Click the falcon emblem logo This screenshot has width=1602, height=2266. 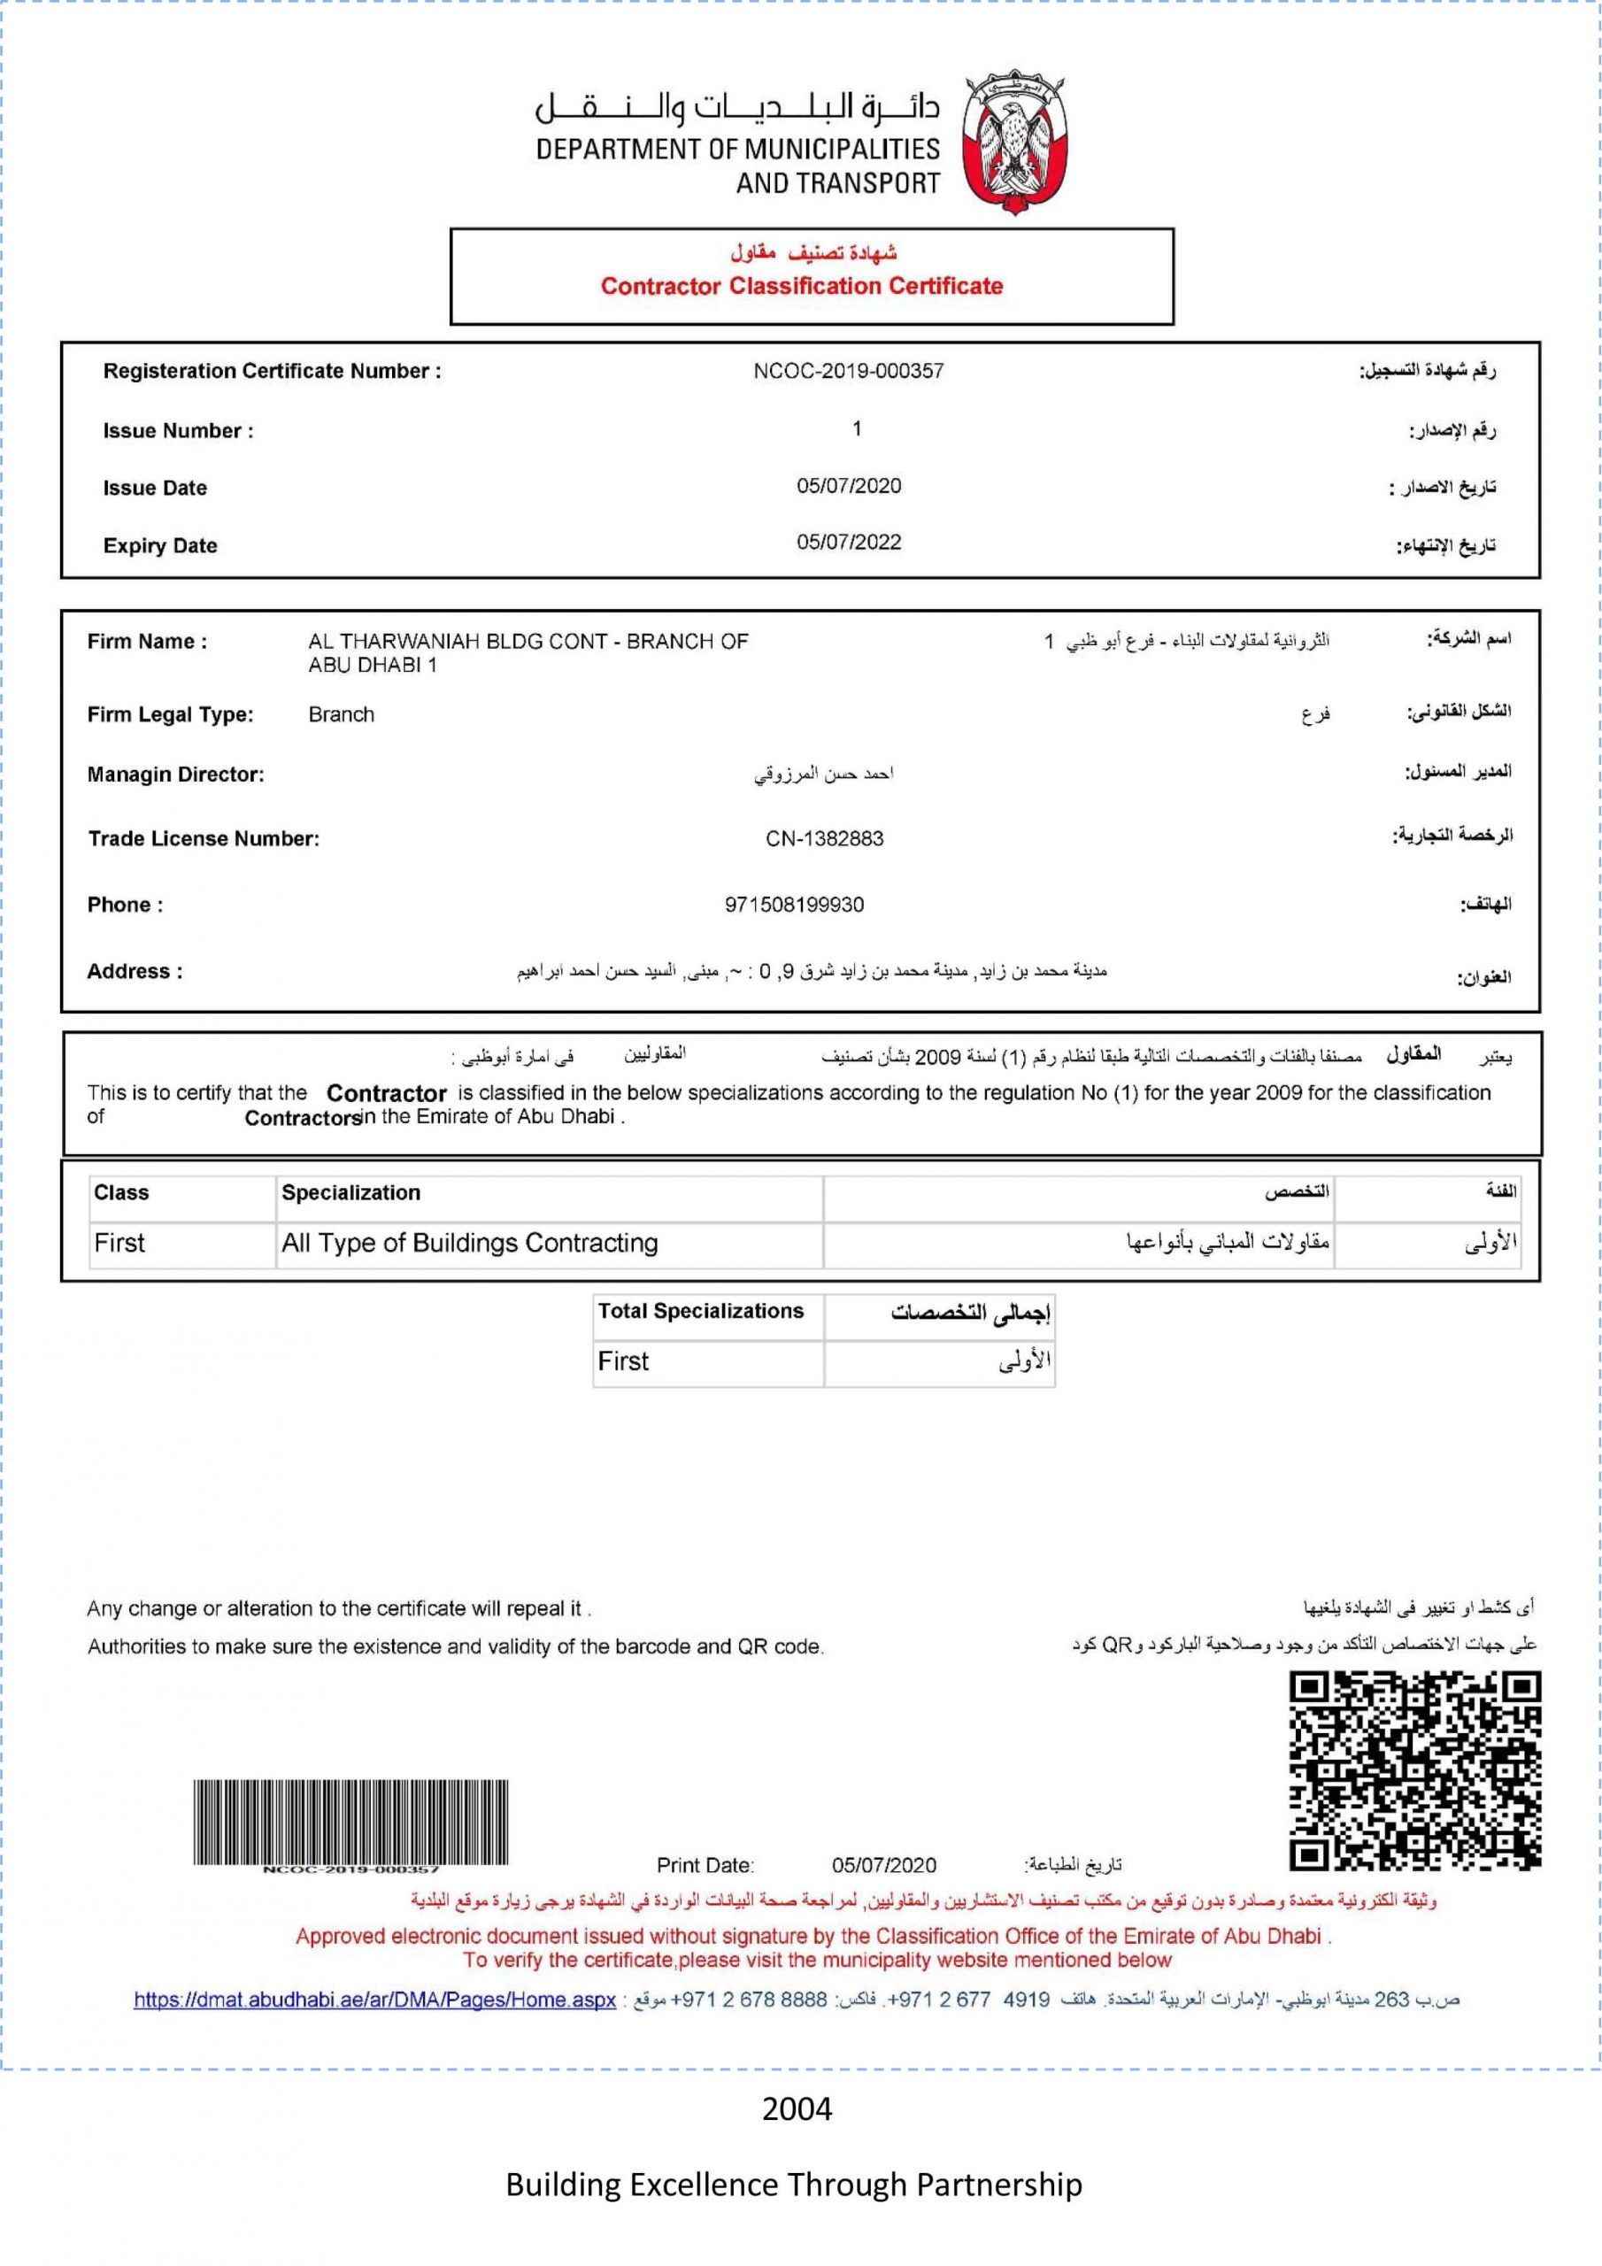click(x=1013, y=143)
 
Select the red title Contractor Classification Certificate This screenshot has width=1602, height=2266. click(x=802, y=286)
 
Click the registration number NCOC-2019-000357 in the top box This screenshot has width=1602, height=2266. click(x=848, y=371)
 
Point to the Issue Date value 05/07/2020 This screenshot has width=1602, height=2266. click(x=849, y=486)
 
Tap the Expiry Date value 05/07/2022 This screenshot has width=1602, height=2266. click(x=849, y=542)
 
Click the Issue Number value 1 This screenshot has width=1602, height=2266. click(x=857, y=428)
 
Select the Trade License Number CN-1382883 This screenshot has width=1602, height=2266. click(x=824, y=839)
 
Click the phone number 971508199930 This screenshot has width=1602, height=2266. click(x=794, y=905)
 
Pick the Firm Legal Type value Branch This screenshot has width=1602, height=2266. click(x=341, y=714)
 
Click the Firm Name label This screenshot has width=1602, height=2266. click(x=147, y=642)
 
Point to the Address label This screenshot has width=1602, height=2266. click(x=135, y=971)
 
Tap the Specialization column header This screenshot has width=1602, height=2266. click(x=350, y=1192)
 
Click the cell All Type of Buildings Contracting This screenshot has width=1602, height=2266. click(x=469, y=1243)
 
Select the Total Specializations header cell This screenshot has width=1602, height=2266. click(x=700, y=1311)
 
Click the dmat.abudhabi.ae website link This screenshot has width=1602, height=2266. click(x=374, y=2000)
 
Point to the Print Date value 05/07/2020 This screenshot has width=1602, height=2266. click(x=883, y=1864)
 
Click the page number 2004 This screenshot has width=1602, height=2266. click(x=797, y=2109)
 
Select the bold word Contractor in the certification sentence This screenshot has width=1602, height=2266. click(x=386, y=1093)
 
